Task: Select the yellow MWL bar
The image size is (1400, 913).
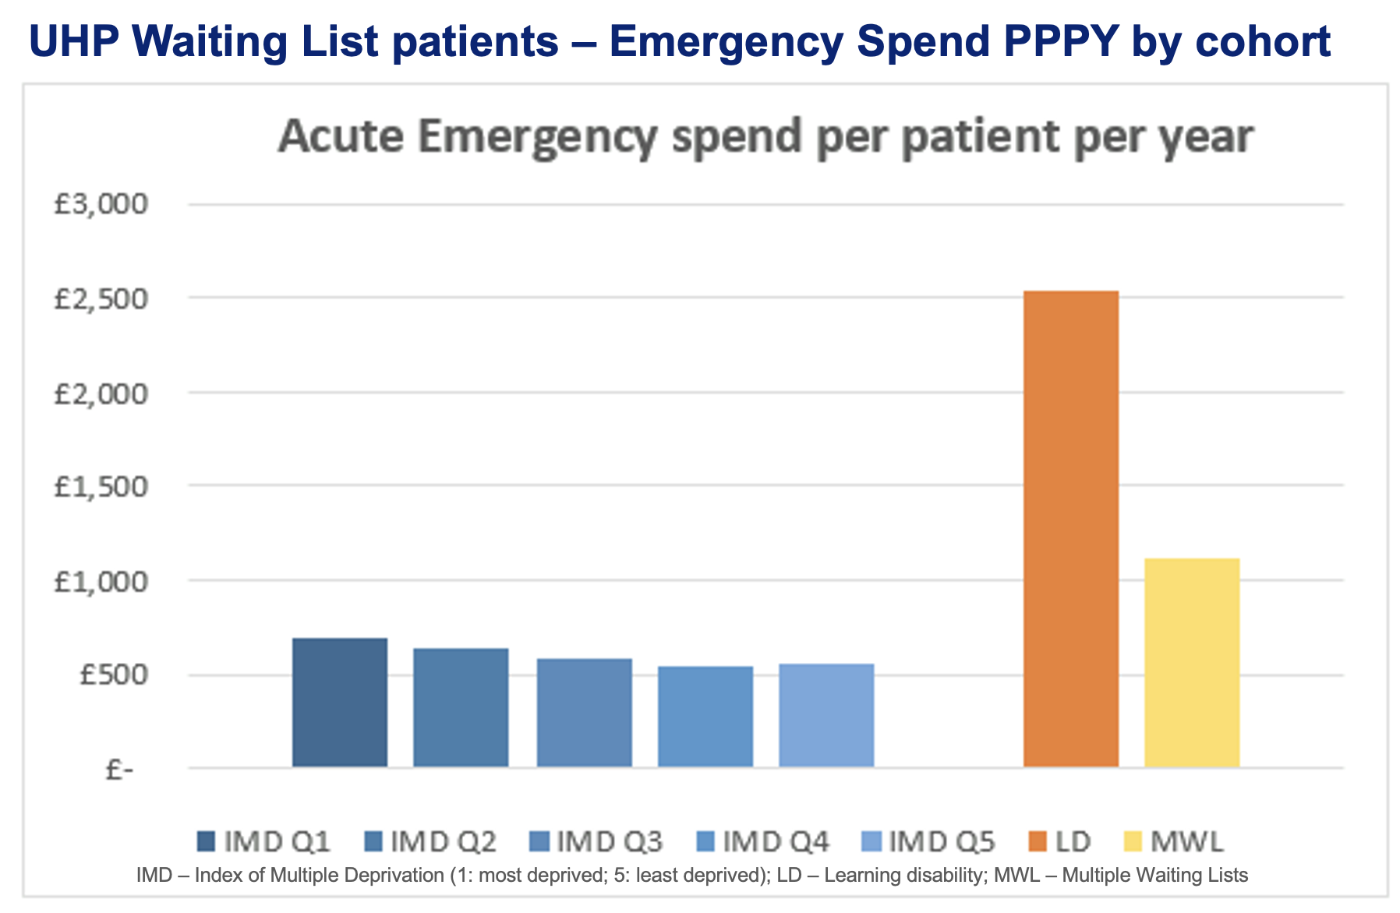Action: pos(1191,662)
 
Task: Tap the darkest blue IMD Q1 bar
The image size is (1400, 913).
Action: pos(340,702)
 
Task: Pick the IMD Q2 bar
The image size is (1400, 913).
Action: pos(461,707)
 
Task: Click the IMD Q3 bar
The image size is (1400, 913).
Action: pos(584,712)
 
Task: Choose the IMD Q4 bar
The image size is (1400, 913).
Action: pos(705,716)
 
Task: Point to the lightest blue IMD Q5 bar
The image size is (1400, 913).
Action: pos(826,715)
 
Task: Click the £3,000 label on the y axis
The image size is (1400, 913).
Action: pos(101,204)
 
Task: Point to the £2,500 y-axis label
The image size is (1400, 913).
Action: pos(101,298)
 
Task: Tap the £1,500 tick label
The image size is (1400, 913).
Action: pos(101,487)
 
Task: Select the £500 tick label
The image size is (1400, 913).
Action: pos(112,675)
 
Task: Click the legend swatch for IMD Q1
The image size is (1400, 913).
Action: pos(206,842)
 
